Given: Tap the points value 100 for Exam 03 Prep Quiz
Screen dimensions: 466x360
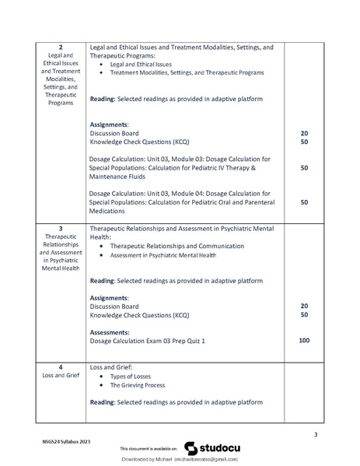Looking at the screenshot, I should coord(304,340).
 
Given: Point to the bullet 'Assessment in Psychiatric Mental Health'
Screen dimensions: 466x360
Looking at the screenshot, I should coord(163,255).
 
